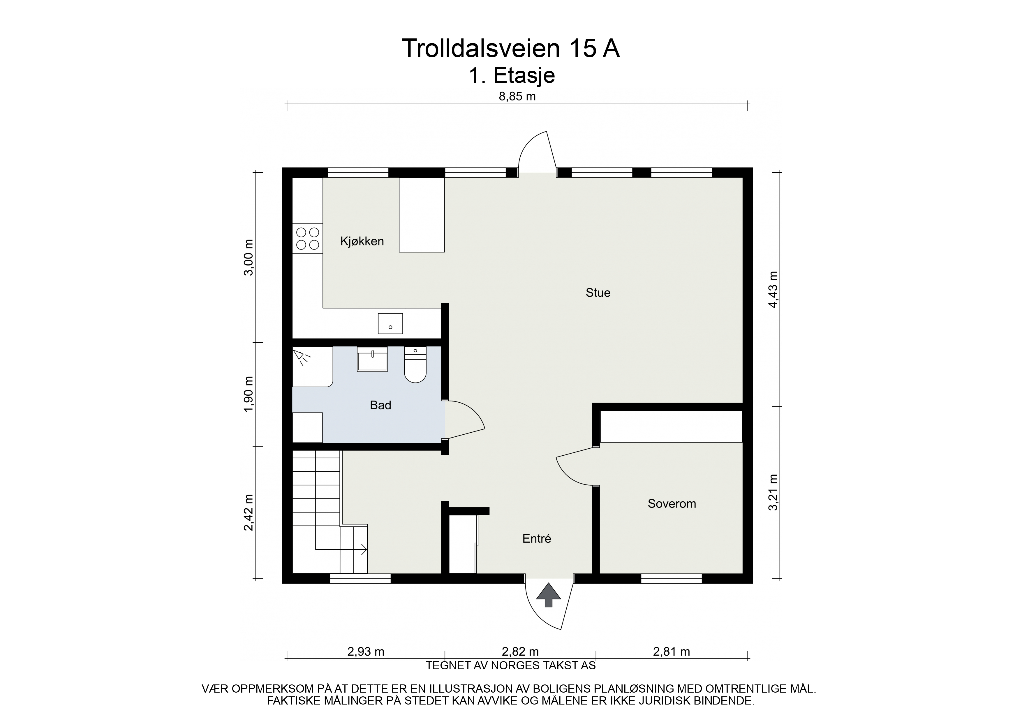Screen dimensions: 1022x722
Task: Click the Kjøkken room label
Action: (x=362, y=242)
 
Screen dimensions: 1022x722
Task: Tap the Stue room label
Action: (x=598, y=293)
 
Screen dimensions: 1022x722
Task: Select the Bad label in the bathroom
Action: (x=380, y=405)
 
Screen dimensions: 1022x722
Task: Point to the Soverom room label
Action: (x=672, y=504)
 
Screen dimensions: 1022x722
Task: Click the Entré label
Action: (x=537, y=538)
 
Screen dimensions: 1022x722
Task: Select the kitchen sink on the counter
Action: (x=390, y=323)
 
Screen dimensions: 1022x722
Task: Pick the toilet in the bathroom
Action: (x=415, y=364)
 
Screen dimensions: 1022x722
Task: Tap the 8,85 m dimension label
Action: (x=517, y=97)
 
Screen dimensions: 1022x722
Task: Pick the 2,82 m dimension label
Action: (x=520, y=652)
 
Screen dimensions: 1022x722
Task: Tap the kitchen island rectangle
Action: (x=422, y=215)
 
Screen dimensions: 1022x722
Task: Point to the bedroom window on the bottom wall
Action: (x=671, y=578)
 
